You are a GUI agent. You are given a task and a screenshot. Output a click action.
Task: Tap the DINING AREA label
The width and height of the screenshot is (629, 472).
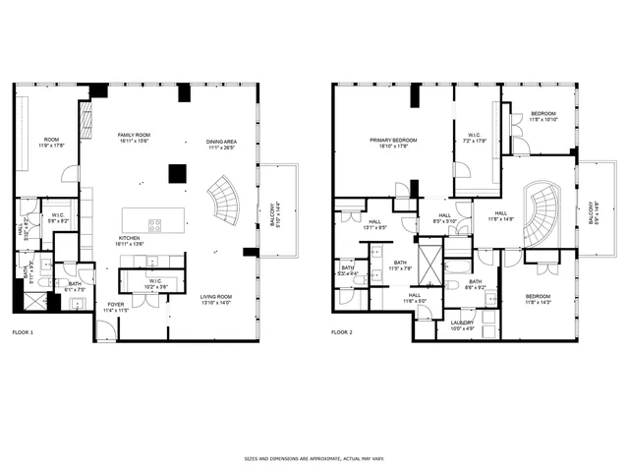point(221,144)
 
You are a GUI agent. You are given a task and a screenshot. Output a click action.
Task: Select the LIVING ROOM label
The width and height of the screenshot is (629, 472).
point(214,299)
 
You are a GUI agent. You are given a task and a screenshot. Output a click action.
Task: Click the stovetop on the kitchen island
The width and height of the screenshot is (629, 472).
point(155,225)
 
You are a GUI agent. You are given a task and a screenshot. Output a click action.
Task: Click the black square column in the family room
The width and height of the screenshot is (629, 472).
point(178,174)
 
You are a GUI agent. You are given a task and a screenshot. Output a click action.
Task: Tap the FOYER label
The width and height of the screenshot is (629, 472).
point(116,306)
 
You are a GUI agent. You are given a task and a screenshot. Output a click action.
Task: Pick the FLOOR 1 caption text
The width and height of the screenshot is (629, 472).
point(23,333)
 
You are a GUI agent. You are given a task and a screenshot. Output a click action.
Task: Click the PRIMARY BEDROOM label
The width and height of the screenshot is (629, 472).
point(393,142)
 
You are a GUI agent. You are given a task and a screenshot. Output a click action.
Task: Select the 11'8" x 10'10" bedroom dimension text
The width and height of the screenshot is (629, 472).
point(543,120)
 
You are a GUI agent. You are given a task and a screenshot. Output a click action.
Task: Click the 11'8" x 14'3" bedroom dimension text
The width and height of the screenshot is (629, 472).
point(538,302)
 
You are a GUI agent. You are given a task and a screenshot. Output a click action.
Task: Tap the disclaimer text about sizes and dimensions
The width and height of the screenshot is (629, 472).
point(314,458)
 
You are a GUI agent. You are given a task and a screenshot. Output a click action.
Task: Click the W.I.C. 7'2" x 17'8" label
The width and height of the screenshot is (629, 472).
point(474,139)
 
